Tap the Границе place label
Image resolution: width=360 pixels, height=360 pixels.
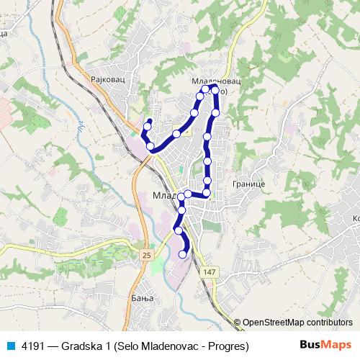pos(250,184)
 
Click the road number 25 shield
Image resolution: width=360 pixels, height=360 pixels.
pos(147,255)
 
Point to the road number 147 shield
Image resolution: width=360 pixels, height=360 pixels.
pos(209,271)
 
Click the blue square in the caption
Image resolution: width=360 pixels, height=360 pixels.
pos(10,345)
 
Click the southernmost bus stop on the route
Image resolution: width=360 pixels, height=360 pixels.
pos(182,253)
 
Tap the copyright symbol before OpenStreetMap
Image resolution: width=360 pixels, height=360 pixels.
pos(237,323)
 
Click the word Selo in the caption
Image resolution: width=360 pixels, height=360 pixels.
pos(128,345)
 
